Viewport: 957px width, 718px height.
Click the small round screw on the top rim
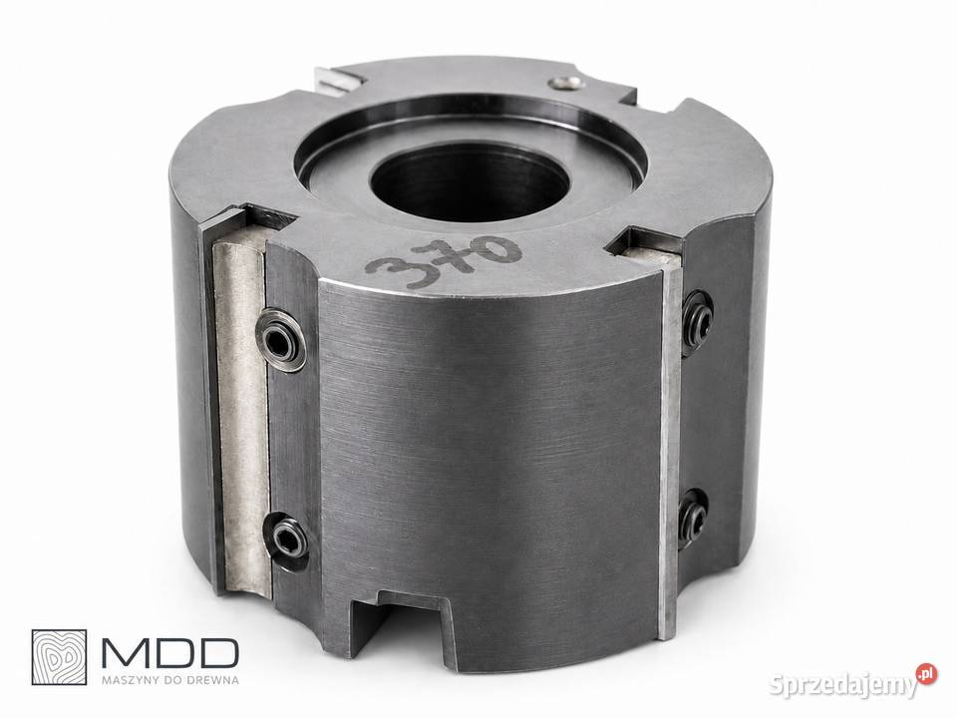[x=565, y=83]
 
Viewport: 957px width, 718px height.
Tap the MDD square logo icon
[x=59, y=657]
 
